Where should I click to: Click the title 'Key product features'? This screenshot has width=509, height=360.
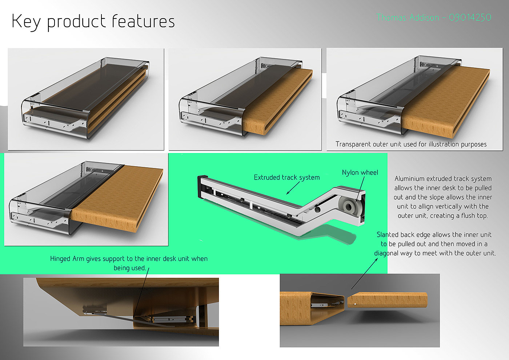point(93,21)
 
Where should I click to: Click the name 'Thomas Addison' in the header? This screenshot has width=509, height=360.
point(408,17)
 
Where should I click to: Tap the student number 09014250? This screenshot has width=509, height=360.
point(470,17)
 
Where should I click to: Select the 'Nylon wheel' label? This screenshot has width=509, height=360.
point(360,173)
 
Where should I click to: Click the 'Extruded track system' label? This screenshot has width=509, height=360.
point(287,177)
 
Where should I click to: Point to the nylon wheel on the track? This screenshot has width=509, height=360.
point(349,207)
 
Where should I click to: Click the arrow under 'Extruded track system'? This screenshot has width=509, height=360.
point(293,188)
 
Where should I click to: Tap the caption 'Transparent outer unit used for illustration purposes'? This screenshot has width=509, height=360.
point(411,144)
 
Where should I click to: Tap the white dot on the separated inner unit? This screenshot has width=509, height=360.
point(355,304)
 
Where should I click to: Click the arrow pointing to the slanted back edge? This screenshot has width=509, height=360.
point(364,273)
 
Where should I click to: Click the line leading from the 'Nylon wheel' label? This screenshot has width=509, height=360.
point(360,189)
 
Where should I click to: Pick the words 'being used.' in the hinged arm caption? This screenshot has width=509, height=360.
point(129,268)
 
